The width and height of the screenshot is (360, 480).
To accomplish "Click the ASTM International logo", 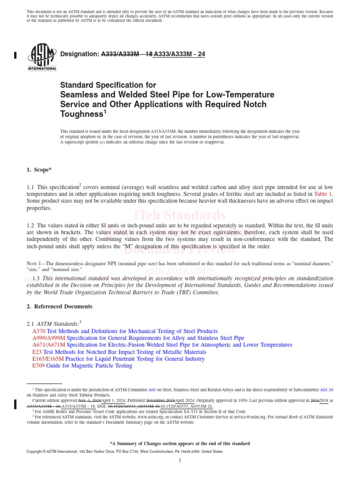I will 42,56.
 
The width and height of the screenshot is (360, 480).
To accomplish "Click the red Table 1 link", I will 323,194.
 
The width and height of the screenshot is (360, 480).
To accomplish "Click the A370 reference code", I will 39,330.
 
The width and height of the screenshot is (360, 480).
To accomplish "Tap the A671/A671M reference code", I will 49,345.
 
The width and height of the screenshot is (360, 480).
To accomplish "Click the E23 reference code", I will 37,352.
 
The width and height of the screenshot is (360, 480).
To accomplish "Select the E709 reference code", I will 38,366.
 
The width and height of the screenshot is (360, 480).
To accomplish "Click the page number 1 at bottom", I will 180,460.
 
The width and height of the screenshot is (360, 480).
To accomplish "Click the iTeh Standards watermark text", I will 180,215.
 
